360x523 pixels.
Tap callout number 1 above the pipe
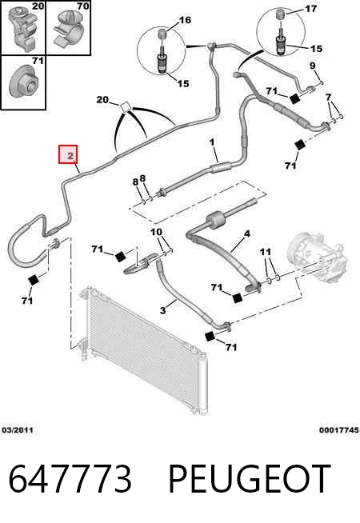(212, 142)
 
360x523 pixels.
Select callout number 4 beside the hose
(246, 234)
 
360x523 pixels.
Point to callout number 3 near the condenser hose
(163, 310)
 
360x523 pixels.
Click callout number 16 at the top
(185, 20)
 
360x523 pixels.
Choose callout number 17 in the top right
(311, 9)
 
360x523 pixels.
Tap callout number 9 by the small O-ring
(312, 66)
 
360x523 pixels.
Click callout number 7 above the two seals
(329, 97)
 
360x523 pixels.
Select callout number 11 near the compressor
(266, 251)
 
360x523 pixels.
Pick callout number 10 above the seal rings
(156, 231)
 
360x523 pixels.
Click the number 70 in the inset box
(82, 6)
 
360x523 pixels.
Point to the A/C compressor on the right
(317, 256)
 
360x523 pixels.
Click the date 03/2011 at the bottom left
(18, 430)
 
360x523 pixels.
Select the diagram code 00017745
(339, 430)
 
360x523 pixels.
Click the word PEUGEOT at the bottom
(250, 479)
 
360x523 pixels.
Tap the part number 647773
(70, 479)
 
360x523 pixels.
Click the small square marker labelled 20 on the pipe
(126, 106)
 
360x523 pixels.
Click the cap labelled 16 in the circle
(162, 34)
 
